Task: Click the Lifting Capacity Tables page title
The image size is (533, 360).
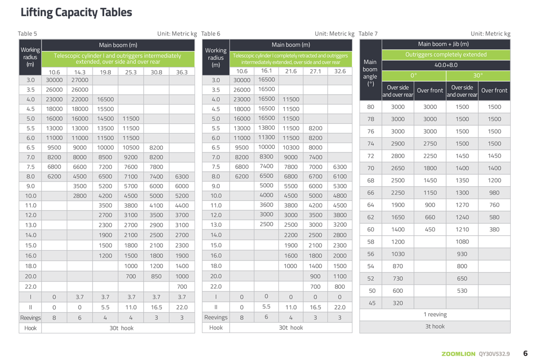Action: point(76,12)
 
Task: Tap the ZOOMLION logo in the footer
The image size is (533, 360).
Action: point(458,354)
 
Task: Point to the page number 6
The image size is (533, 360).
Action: point(525,353)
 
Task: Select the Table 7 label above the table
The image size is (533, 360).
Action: point(368,34)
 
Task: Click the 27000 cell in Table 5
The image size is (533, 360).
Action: point(80,80)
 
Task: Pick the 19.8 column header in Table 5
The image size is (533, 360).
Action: point(105,72)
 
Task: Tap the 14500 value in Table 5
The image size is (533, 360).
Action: point(105,119)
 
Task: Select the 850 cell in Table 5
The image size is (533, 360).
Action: point(156,276)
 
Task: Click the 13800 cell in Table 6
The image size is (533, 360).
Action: point(266,127)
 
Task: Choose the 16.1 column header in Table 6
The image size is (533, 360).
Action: point(266,71)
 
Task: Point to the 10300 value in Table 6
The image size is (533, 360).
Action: point(291,147)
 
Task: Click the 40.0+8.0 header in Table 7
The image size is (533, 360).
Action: point(446,65)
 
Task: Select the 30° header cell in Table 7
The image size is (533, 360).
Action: point(478,75)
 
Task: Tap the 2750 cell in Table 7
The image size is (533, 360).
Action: point(430,144)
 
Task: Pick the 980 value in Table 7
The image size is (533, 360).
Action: point(494,192)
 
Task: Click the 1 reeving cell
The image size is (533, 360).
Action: point(435,314)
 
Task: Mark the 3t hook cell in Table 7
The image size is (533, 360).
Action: point(435,327)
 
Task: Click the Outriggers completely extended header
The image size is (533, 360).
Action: point(446,55)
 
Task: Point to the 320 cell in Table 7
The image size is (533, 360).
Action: point(398,303)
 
